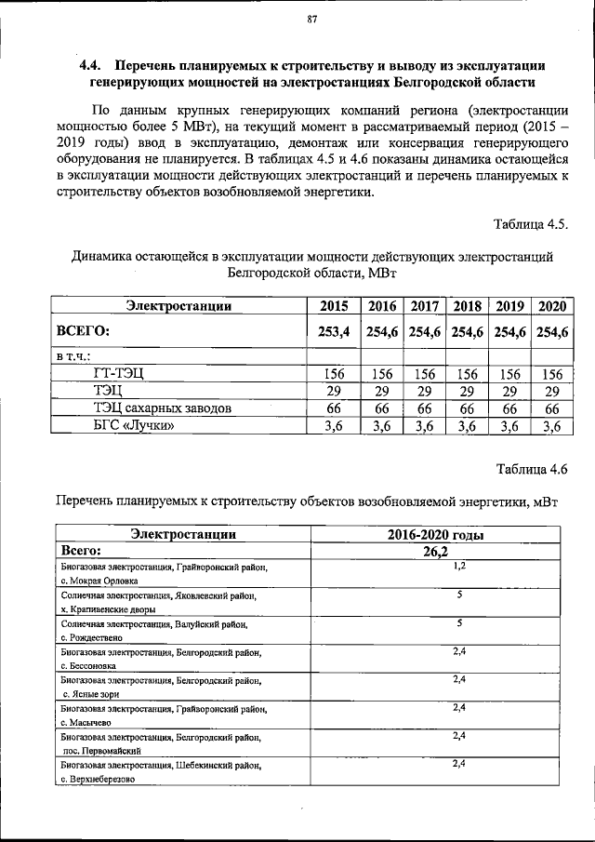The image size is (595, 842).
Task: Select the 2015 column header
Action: point(334,306)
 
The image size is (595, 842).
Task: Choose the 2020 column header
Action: point(552,306)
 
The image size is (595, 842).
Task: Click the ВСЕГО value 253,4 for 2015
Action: point(334,331)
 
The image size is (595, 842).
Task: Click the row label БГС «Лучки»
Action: point(134,426)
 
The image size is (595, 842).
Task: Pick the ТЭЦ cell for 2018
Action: point(467,392)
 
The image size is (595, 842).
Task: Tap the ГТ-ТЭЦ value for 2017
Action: point(424,374)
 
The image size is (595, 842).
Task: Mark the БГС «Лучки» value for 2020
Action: point(552,426)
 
